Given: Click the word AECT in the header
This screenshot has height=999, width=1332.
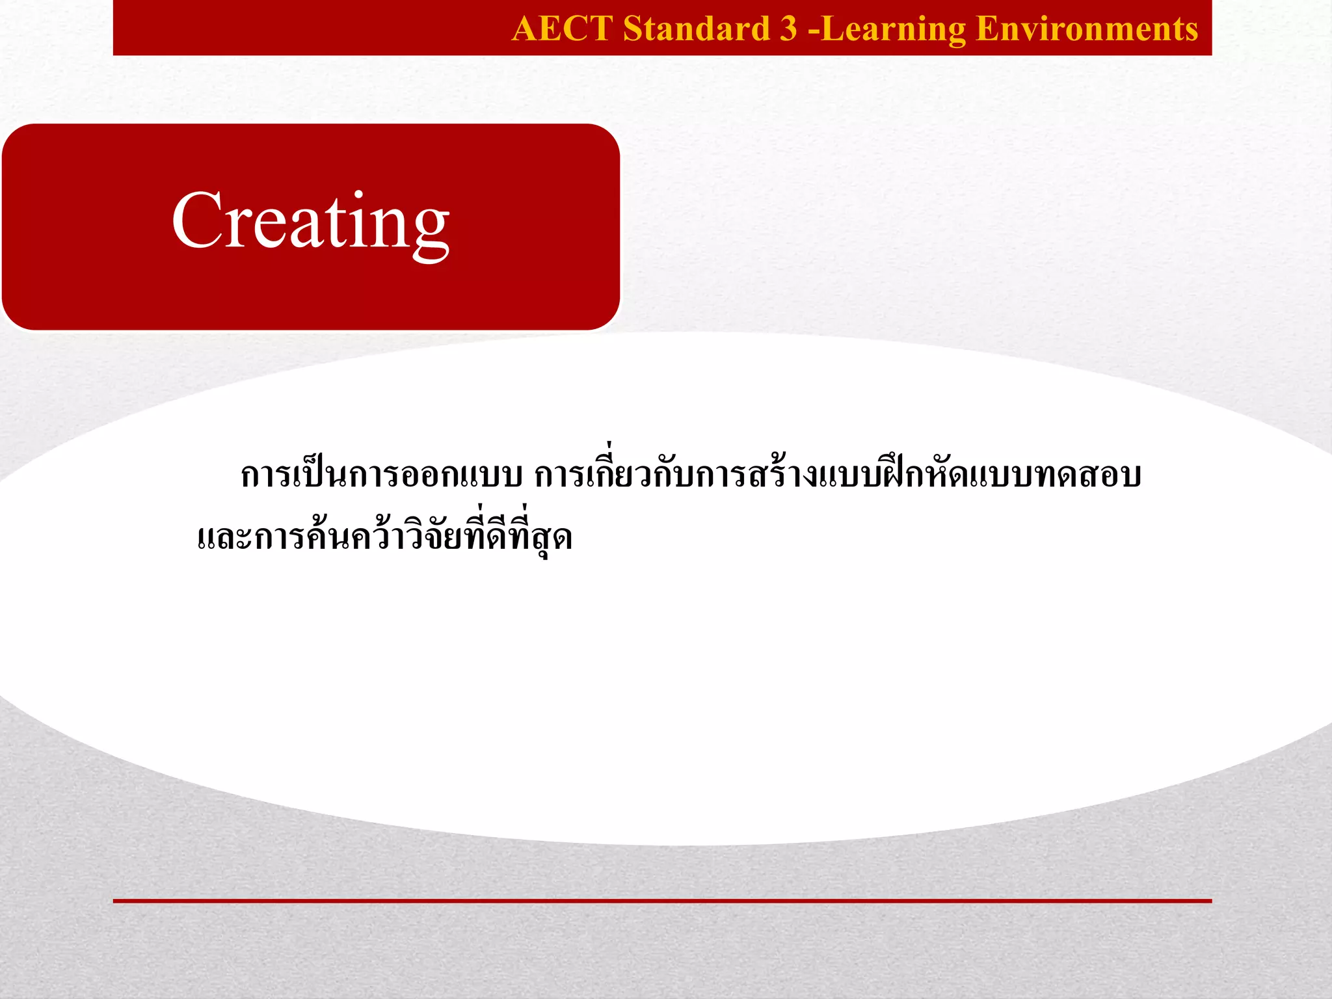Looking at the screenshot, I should click(x=562, y=29).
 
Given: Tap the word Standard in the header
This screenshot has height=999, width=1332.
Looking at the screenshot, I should click(x=696, y=29).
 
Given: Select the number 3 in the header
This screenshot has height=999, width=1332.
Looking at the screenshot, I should click(x=788, y=29).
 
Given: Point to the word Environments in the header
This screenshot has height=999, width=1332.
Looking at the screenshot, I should click(x=1087, y=29).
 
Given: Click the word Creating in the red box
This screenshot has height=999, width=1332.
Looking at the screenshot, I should click(x=311, y=221).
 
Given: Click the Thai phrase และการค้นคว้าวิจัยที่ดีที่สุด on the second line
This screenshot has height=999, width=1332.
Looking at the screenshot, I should click(x=384, y=537).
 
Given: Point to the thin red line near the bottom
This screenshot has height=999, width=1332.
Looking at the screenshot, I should click(x=662, y=901).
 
